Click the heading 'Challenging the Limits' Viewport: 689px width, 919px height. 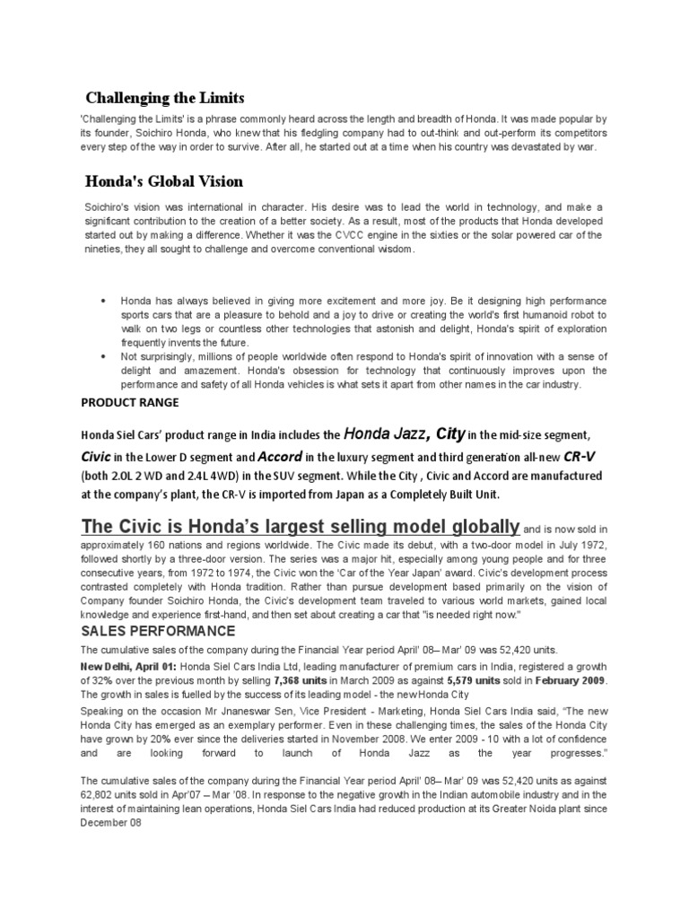pyautogui.click(x=164, y=96)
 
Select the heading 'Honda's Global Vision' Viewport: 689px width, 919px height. pyautogui.click(x=163, y=181)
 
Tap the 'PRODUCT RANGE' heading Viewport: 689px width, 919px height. pyautogui.click(x=130, y=402)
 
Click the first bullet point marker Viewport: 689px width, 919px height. pyautogui.click(x=105, y=300)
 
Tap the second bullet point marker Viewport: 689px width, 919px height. pyautogui.click(x=105, y=357)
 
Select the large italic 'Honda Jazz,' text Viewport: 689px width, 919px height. pyautogui.click(x=387, y=434)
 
